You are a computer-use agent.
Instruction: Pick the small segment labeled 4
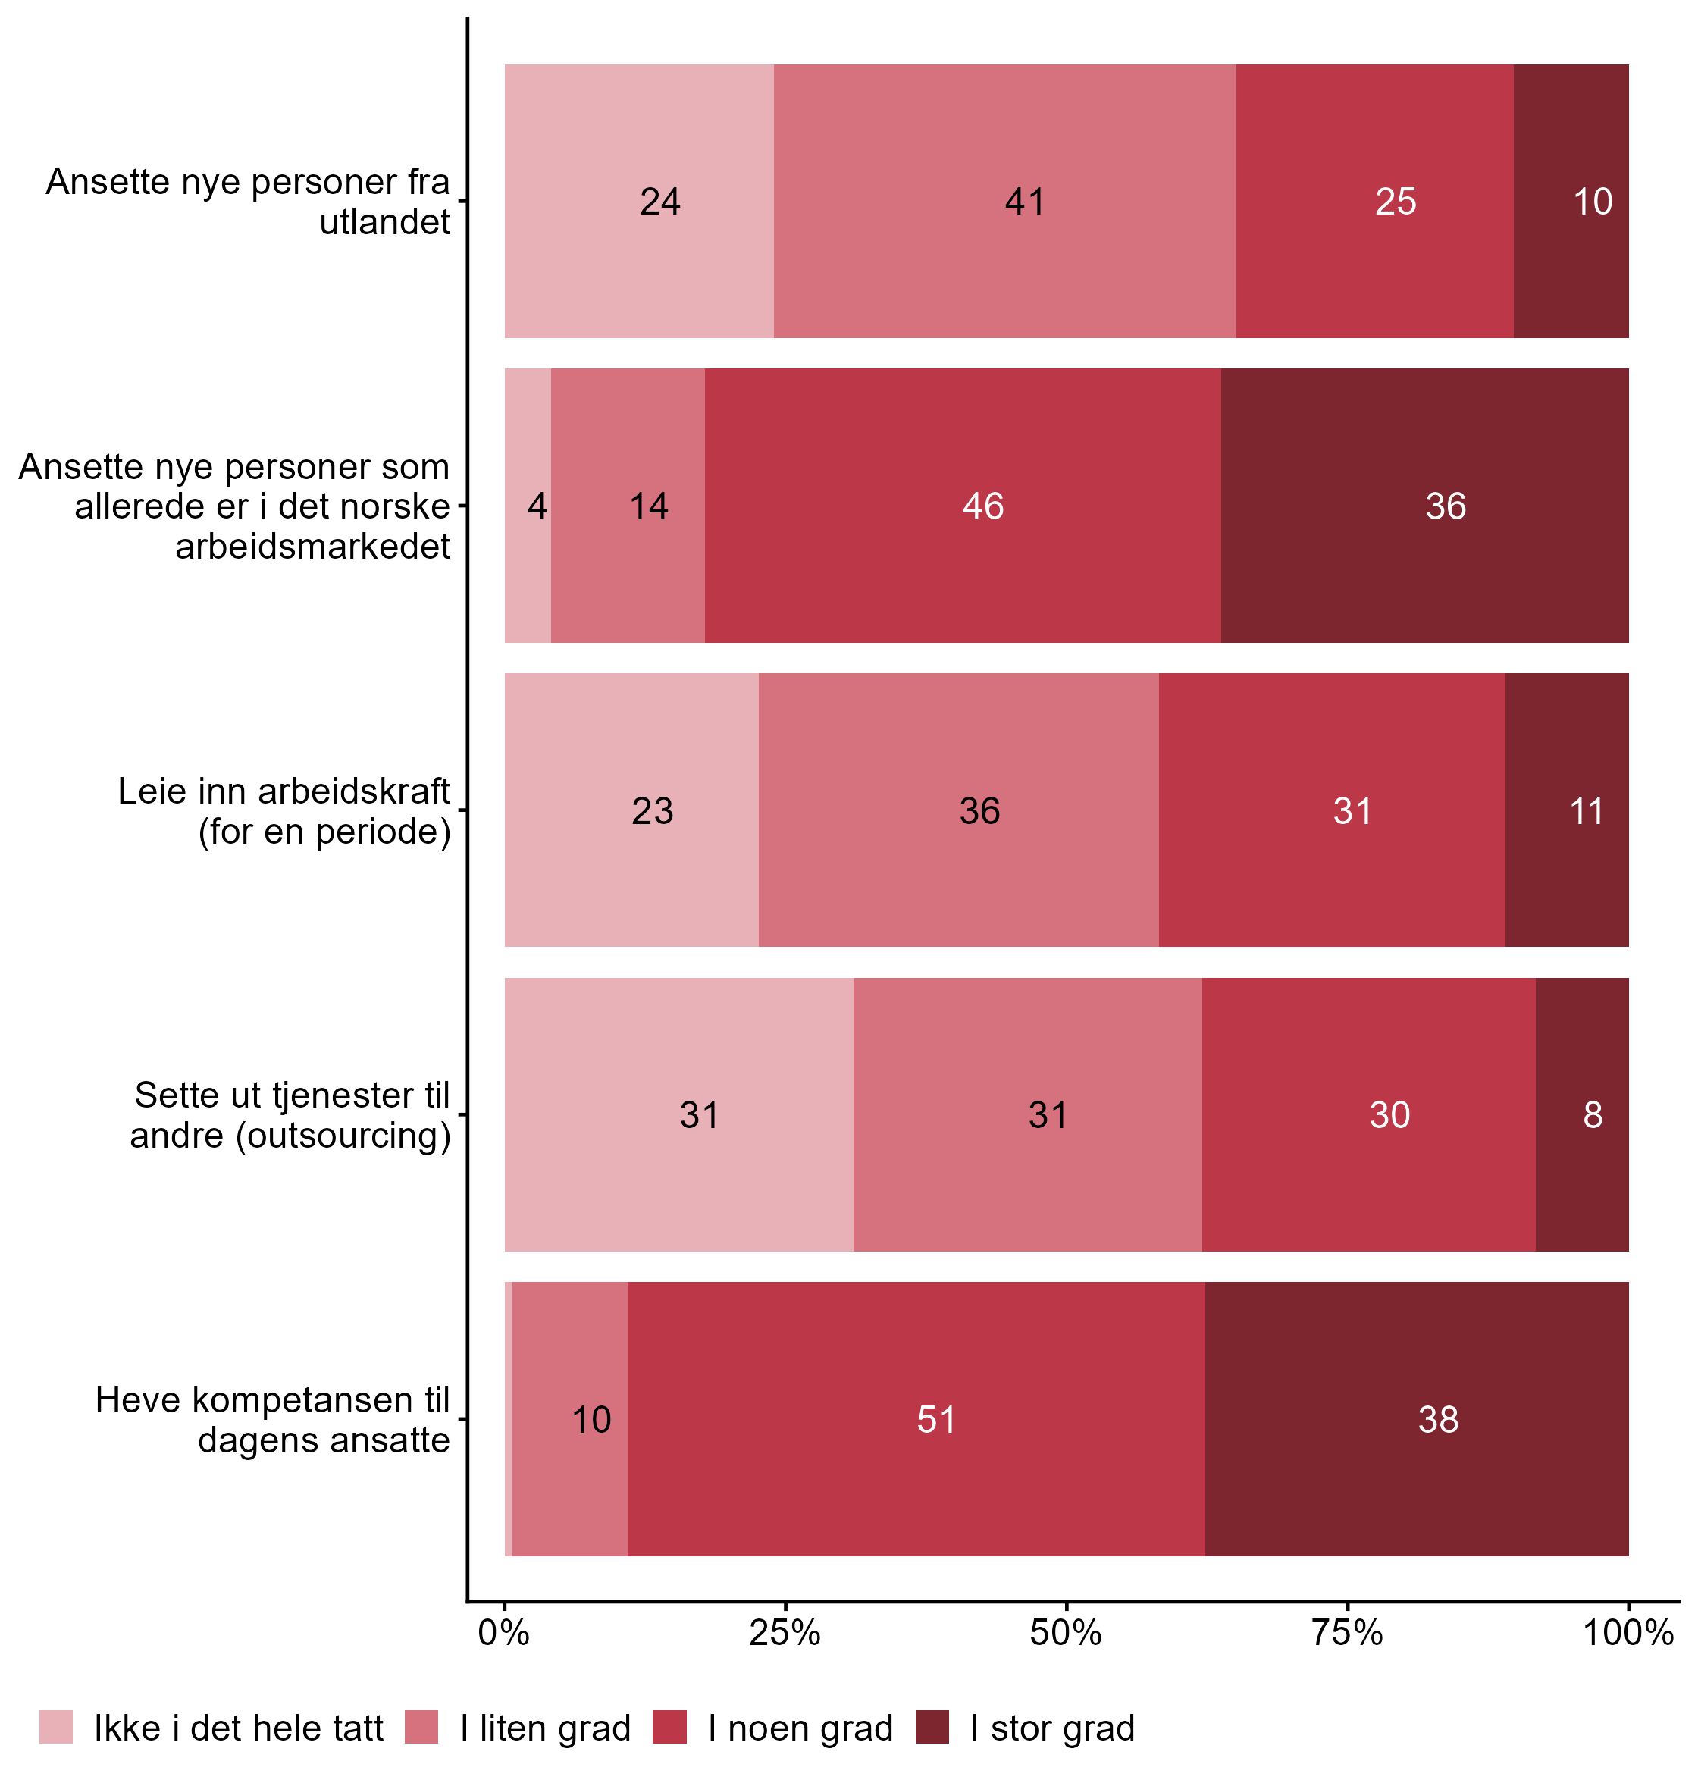coord(528,506)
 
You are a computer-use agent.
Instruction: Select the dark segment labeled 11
coord(1567,810)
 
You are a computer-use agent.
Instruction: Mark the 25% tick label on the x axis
coord(785,1634)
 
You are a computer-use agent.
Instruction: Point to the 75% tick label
coord(1348,1634)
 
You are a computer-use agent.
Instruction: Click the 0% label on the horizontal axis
coord(504,1634)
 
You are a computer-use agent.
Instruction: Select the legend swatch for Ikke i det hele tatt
coord(56,1727)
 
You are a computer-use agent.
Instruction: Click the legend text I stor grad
coord(1051,1728)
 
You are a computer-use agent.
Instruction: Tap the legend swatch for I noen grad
coord(670,1727)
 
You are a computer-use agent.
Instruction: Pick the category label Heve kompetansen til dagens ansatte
coord(272,1419)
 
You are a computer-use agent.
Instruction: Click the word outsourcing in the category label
coord(344,1135)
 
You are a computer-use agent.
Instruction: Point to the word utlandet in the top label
coord(384,222)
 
